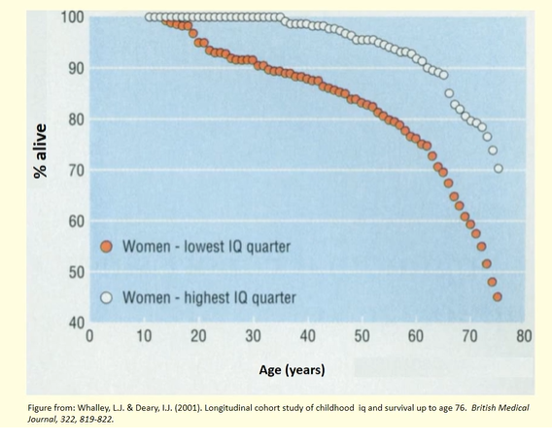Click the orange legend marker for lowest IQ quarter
point(108,247)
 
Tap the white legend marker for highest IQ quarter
point(108,296)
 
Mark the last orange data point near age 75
point(498,297)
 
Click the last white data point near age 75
point(499,168)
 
